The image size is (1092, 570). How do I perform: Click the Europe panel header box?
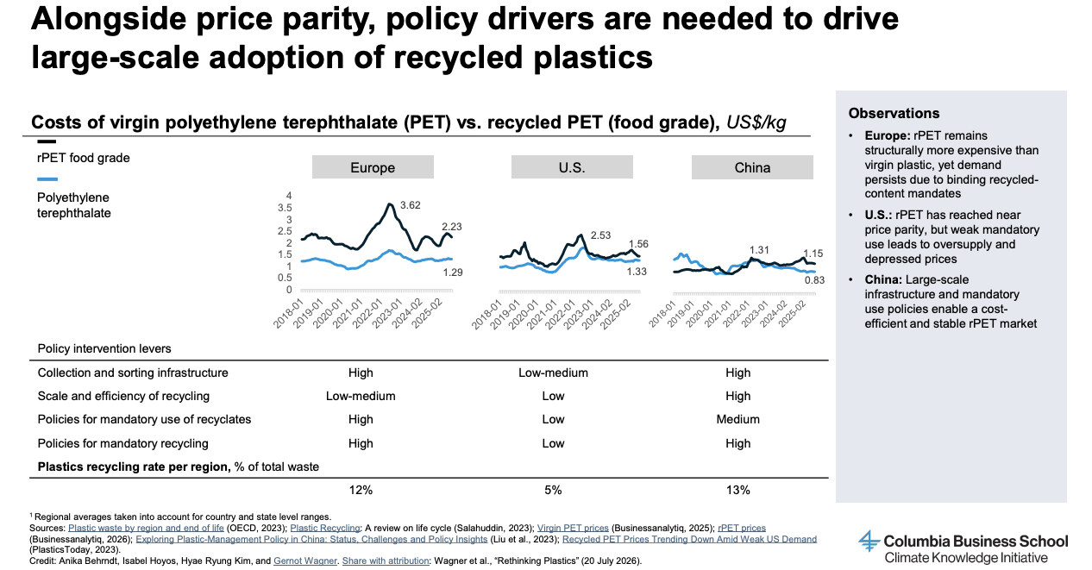373,167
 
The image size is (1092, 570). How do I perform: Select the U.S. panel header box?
572,167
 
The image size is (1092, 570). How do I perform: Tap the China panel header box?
752,167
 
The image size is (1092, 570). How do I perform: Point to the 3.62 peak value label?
410,205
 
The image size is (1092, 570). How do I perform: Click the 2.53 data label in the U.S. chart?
600,235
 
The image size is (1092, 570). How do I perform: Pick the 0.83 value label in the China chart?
814,280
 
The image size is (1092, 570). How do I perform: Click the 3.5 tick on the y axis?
285,208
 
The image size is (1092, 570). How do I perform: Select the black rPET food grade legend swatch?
47,141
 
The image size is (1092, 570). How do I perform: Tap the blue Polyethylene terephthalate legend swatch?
47,179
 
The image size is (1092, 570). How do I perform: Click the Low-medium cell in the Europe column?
361,396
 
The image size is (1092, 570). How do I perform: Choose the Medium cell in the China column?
738,419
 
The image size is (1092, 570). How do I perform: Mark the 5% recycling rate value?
553,490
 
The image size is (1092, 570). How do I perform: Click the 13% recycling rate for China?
738,490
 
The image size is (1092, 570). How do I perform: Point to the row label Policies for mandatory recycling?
122,443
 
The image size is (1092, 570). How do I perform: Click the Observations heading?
894,114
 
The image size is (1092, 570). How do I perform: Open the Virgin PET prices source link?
573,528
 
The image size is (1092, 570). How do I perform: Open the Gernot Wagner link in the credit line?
305,561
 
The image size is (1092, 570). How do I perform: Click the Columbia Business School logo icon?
869,542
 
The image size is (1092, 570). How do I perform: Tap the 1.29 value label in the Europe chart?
453,272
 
